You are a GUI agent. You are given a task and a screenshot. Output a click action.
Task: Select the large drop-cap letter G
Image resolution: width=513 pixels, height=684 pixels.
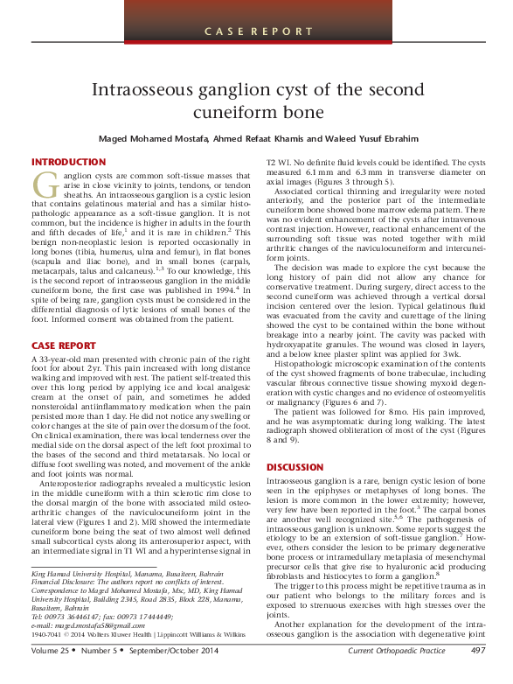pyautogui.click(x=44, y=185)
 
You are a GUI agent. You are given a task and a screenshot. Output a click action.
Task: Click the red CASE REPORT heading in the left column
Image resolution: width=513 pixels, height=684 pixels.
pyautogui.click(x=63, y=346)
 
